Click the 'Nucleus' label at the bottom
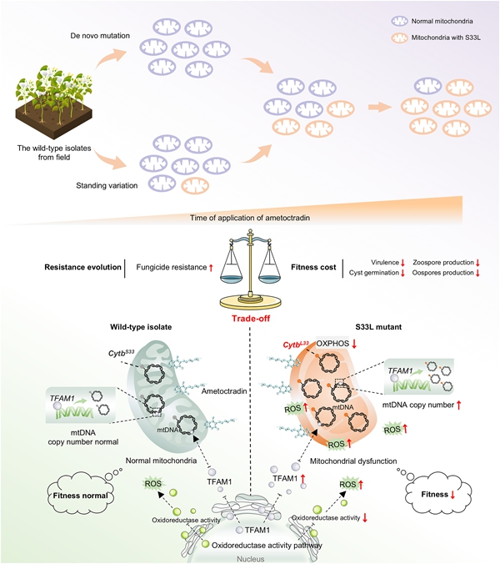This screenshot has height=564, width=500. tap(250, 558)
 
